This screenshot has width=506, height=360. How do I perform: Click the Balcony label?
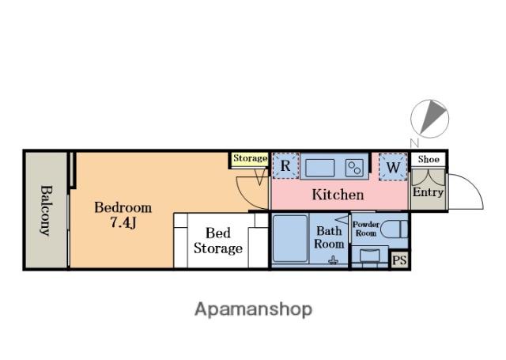click(46, 210)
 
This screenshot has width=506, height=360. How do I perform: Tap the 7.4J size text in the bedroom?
click(123, 222)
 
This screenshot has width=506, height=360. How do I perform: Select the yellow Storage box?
click(250, 160)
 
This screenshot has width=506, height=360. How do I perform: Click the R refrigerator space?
click(285, 166)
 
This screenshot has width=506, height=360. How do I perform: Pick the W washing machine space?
click(393, 167)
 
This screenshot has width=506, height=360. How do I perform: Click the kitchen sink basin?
click(319, 168)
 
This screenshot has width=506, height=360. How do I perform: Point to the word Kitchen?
click(338, 195)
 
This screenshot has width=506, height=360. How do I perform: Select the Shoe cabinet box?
click(428, 160)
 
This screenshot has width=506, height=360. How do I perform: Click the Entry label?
click(428, 192)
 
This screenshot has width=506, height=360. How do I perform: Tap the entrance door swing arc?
click(472, 184)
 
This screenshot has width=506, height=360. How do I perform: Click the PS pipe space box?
click(399, 260)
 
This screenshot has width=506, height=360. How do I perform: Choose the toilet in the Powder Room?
click(394, 229)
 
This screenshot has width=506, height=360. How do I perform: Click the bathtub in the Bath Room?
click(290, 238)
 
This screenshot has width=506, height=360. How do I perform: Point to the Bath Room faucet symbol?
click(334, 260)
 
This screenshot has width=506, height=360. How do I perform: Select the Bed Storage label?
click(218, 241)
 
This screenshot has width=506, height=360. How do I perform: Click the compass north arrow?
click(432, 116)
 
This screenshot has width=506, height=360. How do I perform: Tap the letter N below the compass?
click(414, 142)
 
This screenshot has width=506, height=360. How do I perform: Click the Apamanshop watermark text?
click(253, 309)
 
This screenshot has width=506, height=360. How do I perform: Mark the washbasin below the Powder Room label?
click(369, 255)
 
